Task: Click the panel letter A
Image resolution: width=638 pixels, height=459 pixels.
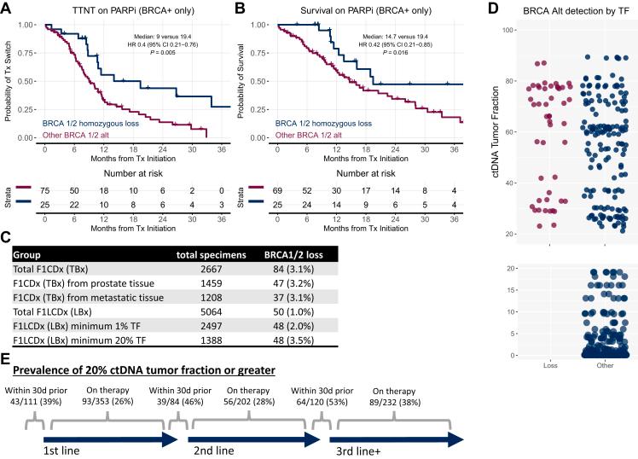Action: pyautogui.click(x=7, y=9)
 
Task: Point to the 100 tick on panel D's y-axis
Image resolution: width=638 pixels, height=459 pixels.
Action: pyautogui.click(x=509, y=30)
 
